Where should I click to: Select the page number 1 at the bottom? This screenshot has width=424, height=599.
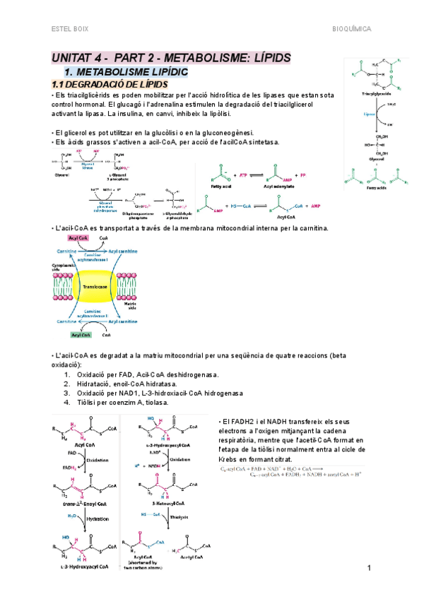point(370,569)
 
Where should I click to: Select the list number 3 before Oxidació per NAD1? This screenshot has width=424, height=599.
point(66,392)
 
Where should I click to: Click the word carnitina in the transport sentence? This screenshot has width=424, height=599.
point(312,228)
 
